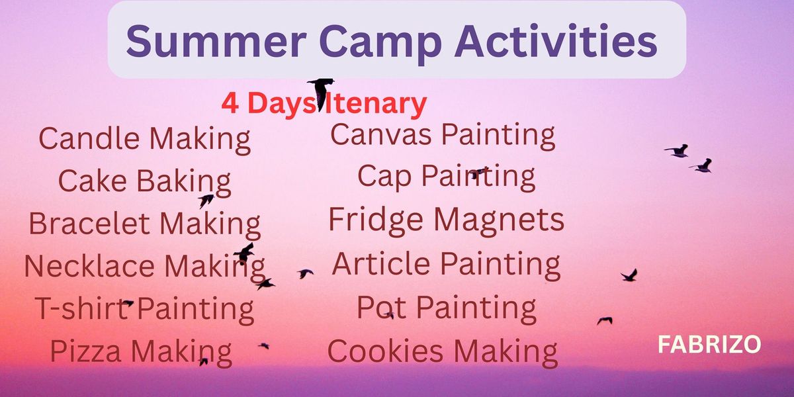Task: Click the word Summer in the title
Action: click(216, 41)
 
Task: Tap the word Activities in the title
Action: click(555, 41)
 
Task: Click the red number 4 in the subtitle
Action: click(230, 103)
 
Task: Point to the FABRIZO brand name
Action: click(709, 344)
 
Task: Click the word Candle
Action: click(89, 138)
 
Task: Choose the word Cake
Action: click(93, 181)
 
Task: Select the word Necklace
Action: click(89, 266)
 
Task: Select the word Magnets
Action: click(499, 220)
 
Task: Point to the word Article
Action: click(381, 263)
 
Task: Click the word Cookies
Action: click(385, 351)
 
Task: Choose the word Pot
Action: click(381, 307)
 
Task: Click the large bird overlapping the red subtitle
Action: click(321, 93)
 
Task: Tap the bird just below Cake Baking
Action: click(206, 200)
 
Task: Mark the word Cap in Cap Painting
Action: click(384, 177)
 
